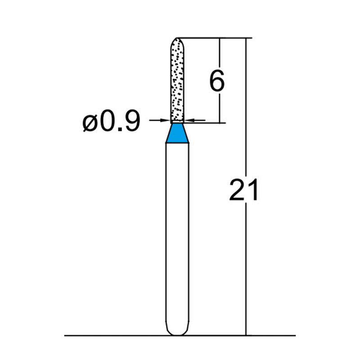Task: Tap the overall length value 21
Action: [244, 190]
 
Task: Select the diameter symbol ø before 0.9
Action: [90, 122]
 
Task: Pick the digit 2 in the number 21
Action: [237, 190]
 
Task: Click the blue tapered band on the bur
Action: [177, 134]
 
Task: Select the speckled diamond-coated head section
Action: [177, 81]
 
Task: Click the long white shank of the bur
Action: [177, 234]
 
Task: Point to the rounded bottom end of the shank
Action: [177, 332]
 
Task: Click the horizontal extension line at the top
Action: [211, 38]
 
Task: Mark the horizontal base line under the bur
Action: [112, 335]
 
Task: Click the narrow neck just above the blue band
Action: [177, 122]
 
